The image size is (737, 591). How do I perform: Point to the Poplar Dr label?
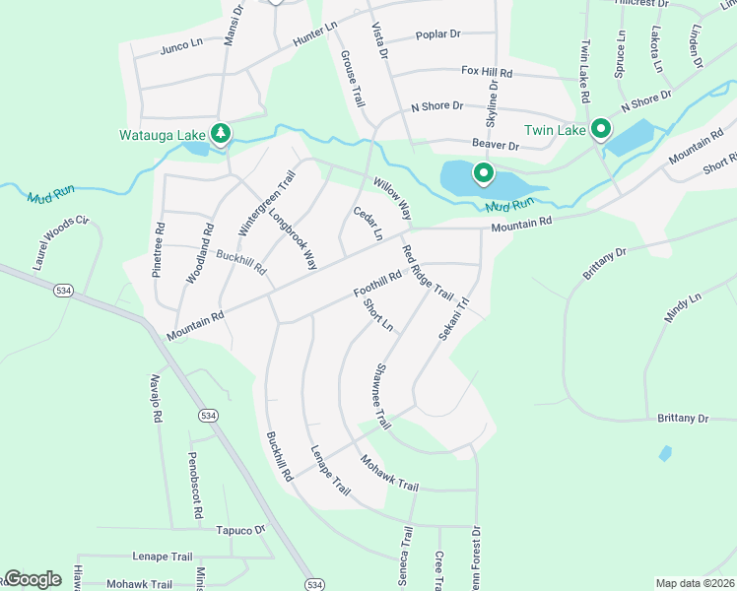(438, 34)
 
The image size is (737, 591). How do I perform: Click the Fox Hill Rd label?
(488, 72)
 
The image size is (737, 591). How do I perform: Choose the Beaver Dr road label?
(495, 145)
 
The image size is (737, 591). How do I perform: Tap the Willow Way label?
(391, 199)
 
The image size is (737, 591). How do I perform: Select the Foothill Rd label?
(377, 285)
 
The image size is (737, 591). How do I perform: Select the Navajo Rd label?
(156, 398)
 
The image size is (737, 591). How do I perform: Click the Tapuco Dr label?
(241, 529)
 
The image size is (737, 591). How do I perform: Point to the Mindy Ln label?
(682, 309)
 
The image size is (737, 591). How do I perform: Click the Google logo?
(33, 579)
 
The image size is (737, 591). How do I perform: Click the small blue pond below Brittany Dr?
(666, 453)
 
